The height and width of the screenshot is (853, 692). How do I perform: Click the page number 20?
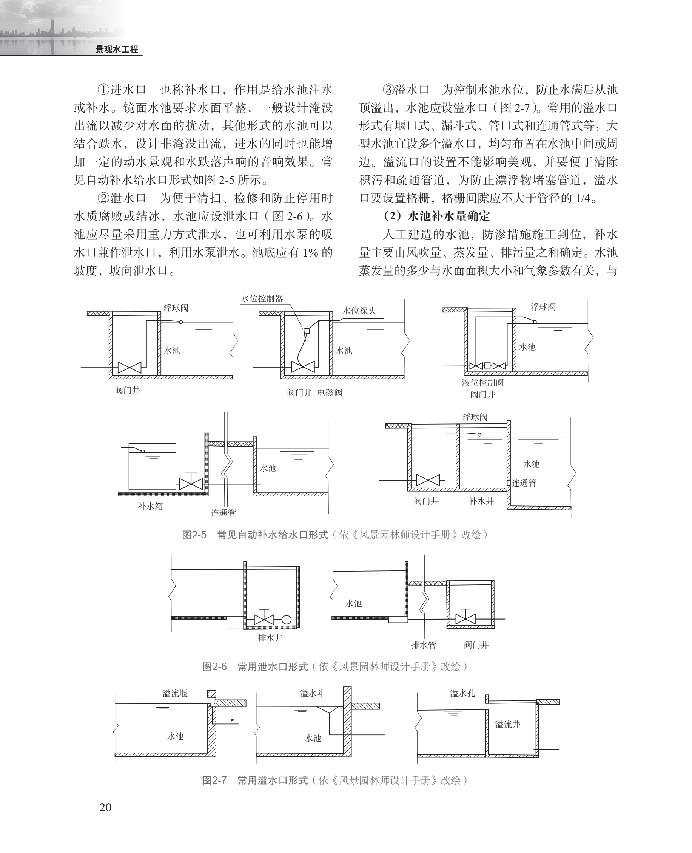[x=105, y=808]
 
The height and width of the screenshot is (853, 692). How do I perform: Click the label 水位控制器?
[x=262, y=298]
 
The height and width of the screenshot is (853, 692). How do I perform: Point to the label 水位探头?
[x=359, y=311]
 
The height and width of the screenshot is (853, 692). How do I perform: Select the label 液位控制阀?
[x=482, y=383]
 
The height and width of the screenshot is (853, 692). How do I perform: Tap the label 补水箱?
[x=150, y=507]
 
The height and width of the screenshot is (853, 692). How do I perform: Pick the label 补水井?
[x=481, y=501]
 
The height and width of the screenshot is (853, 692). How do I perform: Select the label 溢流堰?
[x=174, y=694]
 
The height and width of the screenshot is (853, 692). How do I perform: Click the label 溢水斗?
[x=312, y=694]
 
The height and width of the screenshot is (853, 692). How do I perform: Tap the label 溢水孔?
[x=462, y=694]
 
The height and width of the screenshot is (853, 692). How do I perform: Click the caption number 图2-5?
[x=194, y=535]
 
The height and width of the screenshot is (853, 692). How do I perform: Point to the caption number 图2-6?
[x=214, y=666]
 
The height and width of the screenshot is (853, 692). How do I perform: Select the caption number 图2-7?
[x=214, y=780]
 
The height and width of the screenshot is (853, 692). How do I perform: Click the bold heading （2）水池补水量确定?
[x=436, y=216]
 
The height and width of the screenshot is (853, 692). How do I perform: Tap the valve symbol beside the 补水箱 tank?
[x=191, y=483]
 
